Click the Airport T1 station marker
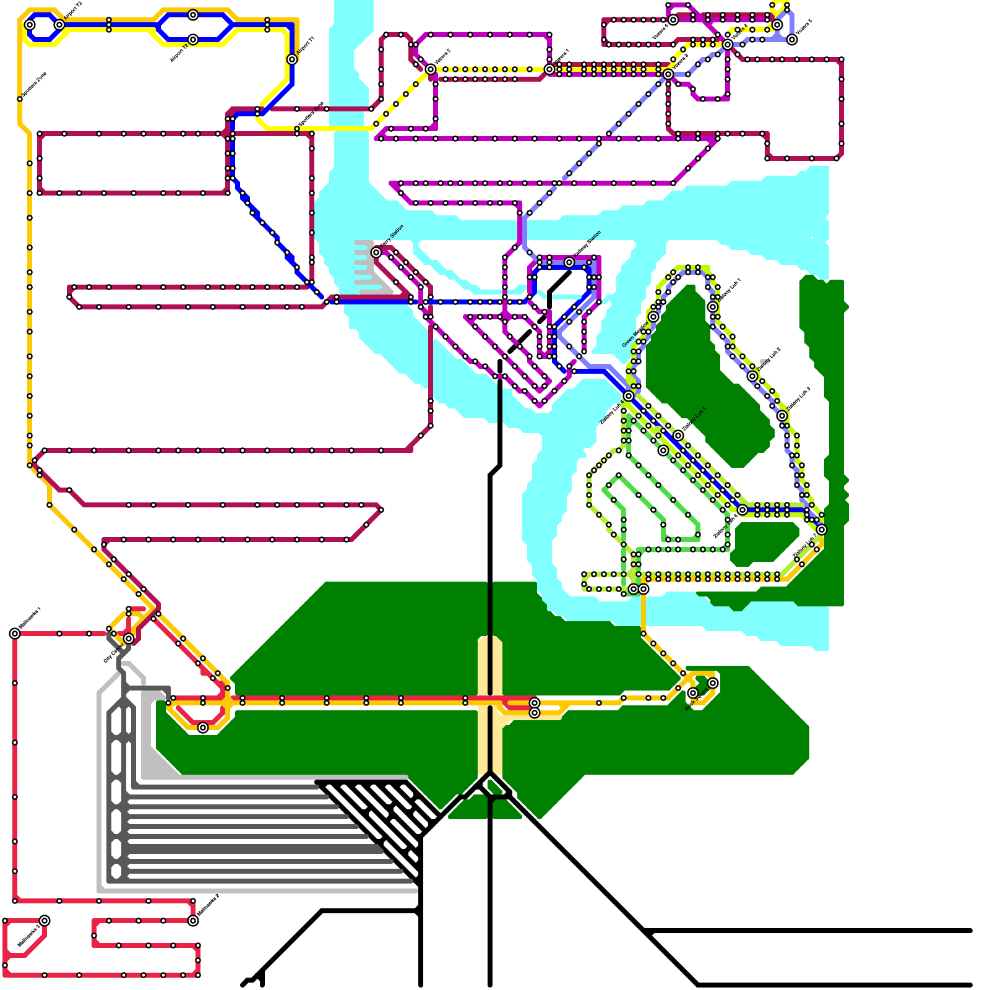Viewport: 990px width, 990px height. point(292,59)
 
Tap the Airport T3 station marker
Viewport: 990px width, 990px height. point(59,25)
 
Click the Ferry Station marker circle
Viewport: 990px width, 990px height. point(376,252)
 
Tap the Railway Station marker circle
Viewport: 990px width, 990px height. point(569,262)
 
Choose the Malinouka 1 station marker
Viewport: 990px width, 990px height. point(15,634)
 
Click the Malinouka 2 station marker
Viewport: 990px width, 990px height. point(193,921)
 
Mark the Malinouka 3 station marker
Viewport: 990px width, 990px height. point(45,921)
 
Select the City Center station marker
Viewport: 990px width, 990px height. point(129,639)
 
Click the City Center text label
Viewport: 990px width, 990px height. point(113,653)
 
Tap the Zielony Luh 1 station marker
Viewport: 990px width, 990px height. point(713,307)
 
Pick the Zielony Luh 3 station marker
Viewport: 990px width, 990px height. point(782,416)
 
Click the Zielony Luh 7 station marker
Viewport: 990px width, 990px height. point(822,530)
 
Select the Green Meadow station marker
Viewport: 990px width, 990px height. point(653,317)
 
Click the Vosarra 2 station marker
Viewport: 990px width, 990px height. point(431,69)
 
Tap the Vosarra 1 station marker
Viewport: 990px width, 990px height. point(549,69)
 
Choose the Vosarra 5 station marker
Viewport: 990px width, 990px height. point(792,40)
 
